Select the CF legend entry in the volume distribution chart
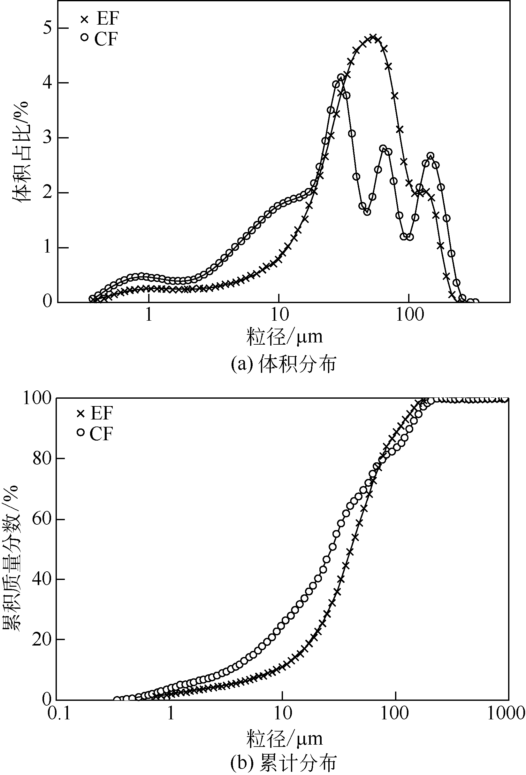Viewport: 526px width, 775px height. click(x=99, y=39)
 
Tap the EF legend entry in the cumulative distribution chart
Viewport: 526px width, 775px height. click(x=95, y=413)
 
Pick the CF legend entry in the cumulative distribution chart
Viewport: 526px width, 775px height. click(x=95, y=433)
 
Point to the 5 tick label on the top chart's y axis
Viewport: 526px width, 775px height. click(x=48, y=28)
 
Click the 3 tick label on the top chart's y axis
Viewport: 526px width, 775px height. click(x=48, y=137)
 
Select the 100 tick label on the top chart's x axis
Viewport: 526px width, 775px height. click(x=409, y=315)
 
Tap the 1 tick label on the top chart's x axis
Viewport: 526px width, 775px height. click(x=149, y=315)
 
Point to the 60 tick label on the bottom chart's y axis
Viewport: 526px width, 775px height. click(x=42, y=519)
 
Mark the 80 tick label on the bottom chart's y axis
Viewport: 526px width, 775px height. click(x=42, y=458)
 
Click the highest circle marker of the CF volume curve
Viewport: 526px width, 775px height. click(x=341, y=78)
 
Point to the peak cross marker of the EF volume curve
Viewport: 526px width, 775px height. click(x=373, y=37)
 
